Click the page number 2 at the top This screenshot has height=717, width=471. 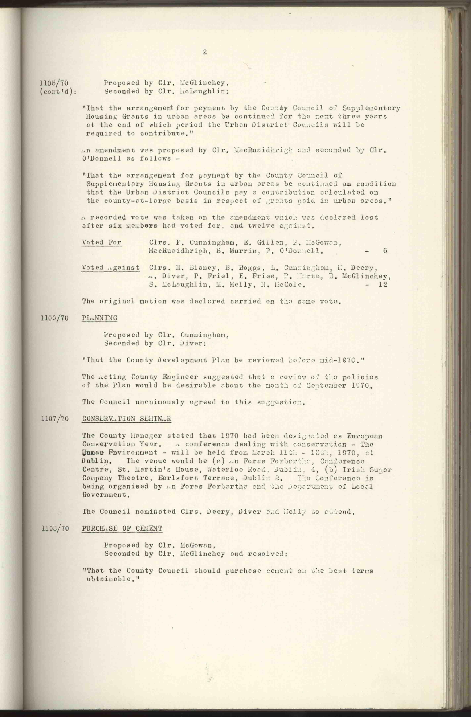pyautogui.click(x=205, y=52)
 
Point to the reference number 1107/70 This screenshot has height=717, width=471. pyautogui.click(x=55, y=419)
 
